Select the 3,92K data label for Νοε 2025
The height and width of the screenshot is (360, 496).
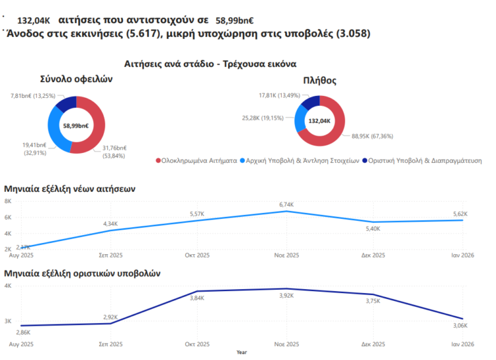coord(286,295)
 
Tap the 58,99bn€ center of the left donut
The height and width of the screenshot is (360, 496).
coord(77,125)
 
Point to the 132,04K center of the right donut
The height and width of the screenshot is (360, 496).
coord(320,121)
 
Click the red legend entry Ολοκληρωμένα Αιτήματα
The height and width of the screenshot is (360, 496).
coord(196,160)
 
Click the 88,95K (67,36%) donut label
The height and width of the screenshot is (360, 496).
coord(372,136)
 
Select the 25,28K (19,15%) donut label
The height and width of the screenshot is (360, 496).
coord(263,118)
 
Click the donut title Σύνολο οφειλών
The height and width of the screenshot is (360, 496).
coord(77,79)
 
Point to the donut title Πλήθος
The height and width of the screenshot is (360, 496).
coord(319,81)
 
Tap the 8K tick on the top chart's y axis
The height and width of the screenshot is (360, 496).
coord(8,201)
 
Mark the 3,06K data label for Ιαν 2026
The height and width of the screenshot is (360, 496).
coord(460,326)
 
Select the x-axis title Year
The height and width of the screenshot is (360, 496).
coord(242,352)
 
